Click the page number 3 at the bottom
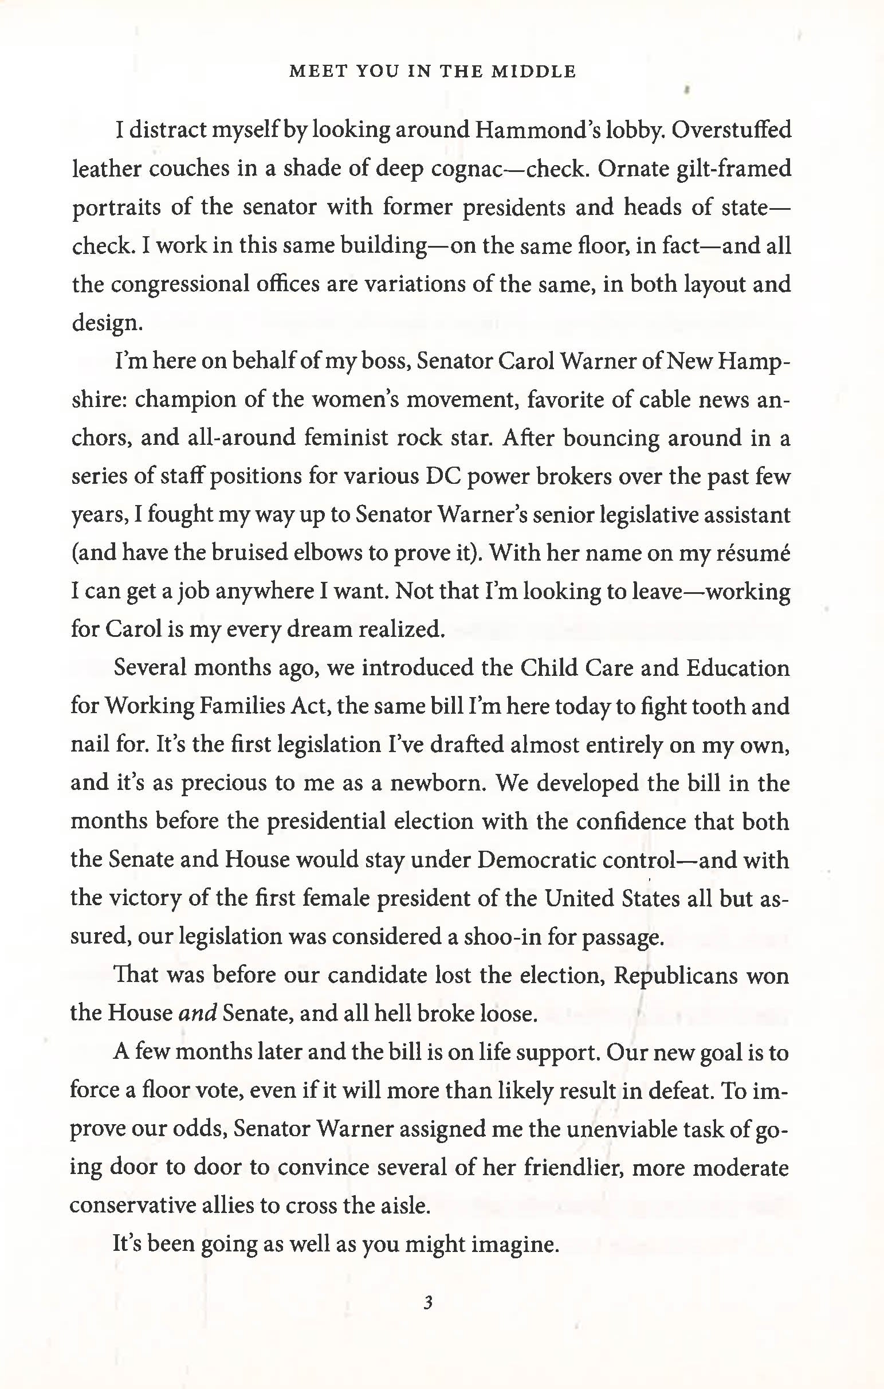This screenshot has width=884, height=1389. click(427, 1302)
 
